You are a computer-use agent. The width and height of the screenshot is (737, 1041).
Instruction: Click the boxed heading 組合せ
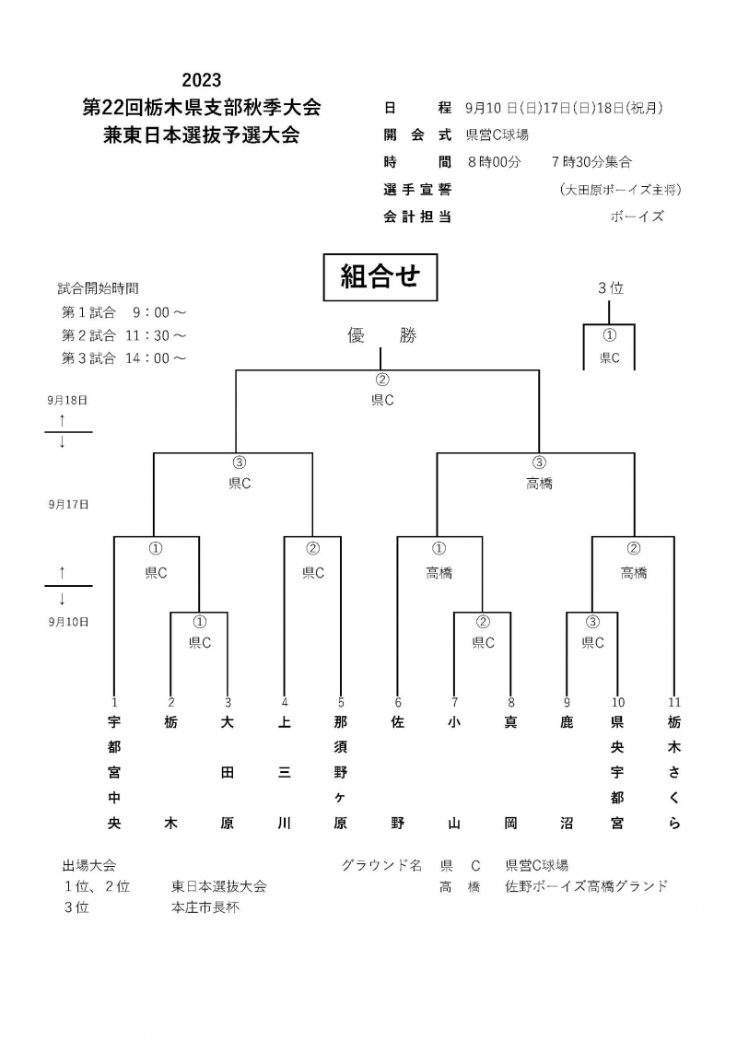point(380,277)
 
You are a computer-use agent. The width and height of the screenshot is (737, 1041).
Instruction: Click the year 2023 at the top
point(202,80)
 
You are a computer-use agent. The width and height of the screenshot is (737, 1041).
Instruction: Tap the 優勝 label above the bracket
point(381,336)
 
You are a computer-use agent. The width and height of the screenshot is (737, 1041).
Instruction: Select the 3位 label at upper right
point(611,288)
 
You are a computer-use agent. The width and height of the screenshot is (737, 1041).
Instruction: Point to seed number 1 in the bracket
point(114,702)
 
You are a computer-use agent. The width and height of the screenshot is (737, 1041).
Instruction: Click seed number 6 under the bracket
point(398,702)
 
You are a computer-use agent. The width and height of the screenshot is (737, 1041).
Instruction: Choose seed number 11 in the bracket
point(674,702)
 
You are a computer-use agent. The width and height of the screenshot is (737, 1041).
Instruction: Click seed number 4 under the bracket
point(285,702)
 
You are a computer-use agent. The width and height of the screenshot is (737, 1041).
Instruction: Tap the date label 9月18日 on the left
point(68,401)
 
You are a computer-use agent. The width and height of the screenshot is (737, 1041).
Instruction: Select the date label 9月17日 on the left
point(68,504)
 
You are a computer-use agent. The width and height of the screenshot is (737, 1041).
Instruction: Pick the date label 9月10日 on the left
point(68,621)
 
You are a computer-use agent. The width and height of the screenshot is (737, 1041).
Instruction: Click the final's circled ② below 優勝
point(382,380)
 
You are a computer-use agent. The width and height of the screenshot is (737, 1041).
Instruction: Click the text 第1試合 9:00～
point(123,311)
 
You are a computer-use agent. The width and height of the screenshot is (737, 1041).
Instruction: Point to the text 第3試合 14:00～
point(123,358)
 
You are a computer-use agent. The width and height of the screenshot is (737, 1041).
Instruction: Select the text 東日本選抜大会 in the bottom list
point(218,886)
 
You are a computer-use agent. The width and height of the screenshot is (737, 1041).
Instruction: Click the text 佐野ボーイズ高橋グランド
point(586,886)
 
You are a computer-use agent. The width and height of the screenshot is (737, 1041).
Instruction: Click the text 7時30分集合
point(591,162)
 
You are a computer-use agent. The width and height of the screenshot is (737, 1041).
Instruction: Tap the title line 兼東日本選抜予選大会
point(202,135)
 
